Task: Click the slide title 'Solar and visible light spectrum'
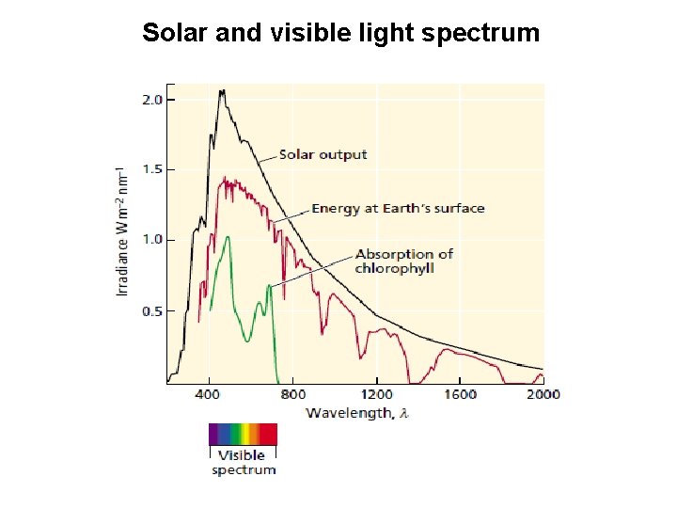pyautogui.click(x=340, y=33)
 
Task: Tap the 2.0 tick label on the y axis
pyautogui.click(x=151, y=99)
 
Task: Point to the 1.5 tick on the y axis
pyautogui.click(x=151, y=169)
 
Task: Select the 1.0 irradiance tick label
pyautogui.click(x=151, y=240)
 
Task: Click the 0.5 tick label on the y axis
pyautogui.click(x=151, y=311)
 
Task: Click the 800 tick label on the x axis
pyautogui.click(x=293, y=394)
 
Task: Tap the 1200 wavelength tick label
pyautogui.click(x=377, y=394)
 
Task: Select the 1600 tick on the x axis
pyautogui.click(x=461, y=394)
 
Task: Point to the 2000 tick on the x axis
pyautogui.click(x=543, y=394)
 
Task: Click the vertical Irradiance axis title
pyautogui.click(x=122, y=231)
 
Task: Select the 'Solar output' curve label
pyautogui.click(x=323, y=154)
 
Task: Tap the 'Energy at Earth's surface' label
pyautogui.click(x=398, y=208)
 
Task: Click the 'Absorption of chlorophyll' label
pyautogui.click(x=403, y=261)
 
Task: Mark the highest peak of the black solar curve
pyautogui.click(x=222, y=91)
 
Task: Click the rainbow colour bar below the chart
pyautogui.click(x=243, y=434)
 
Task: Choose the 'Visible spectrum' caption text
pyautogui.click(x=244, y=462)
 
